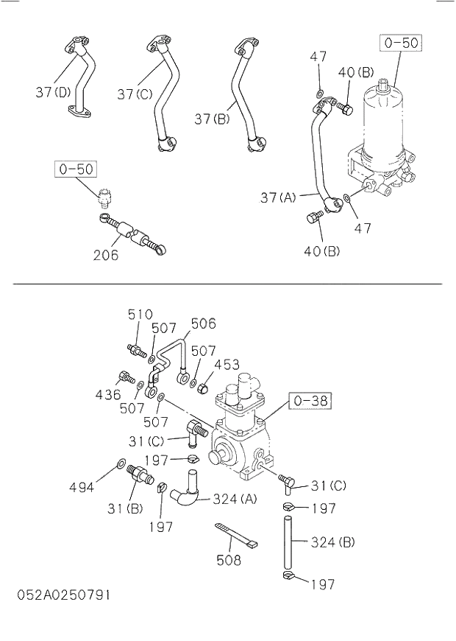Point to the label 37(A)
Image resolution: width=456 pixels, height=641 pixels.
(278, 197)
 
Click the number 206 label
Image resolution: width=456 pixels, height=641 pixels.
(107, 256)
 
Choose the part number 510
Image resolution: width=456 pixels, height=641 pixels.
(140, 315)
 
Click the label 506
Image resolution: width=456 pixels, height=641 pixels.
(203, 323)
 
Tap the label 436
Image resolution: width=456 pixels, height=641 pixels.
(107, 395)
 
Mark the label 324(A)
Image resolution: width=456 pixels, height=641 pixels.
(235, 499)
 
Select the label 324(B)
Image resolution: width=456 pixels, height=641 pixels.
(332, 542)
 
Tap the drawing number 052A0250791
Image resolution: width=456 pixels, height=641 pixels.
(64, 594)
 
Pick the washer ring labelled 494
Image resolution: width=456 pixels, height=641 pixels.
(120, 464)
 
